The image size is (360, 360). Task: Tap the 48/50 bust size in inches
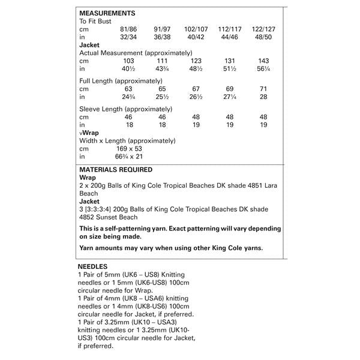pyautogui.click(x=263, y=37)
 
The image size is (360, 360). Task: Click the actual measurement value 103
pyautogui.click(x=128, y=61)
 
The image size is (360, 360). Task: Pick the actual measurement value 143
pyautogui.click(x=263, y=61)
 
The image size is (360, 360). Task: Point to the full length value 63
pyautogui.click(x=128, y=89)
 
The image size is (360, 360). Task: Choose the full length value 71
pyautogui.click(x=263, y=89)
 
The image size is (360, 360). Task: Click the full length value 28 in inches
pyautogui.click(x=263, y=97)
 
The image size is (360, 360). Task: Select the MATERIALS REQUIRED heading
pyautogui.click(x=116, y=170)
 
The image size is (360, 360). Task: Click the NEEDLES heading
pyautogui.click(x=93, y=265)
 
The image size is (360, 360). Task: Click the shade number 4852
pyautogui.click(x=86, y=217)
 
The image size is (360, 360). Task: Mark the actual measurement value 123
pyautogui.click(x=196, y=61)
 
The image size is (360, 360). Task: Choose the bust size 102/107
pyautogui.click(x=196, y=29)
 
